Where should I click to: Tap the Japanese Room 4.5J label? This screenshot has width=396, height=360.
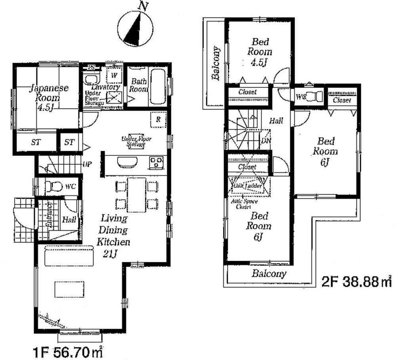pos(48,97)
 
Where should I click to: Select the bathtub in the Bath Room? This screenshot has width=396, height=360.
pos(158,87)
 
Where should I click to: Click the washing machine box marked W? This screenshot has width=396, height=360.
pos(114,75)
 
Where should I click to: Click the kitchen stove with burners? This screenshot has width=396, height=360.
pos(156,162)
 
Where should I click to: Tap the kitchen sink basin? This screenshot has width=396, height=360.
pos(126,162)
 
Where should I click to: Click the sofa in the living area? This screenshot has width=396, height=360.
pos(69,257)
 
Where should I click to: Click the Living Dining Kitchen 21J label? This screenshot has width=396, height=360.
pos(114,236)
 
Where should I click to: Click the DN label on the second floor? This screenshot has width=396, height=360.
pos(265,140)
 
